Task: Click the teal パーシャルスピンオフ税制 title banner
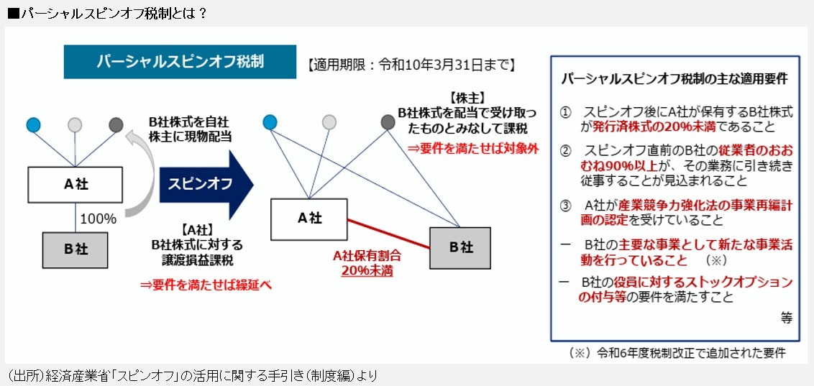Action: click(x=180, y=62)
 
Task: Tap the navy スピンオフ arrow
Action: click(x=206, y=184)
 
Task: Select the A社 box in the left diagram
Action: click(x=76, y=185)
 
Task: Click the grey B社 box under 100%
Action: click(x=76, y=249)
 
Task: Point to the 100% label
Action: click(x=98, y=219)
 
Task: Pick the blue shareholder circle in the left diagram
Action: click(x=33, y=124)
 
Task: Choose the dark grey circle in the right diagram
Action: click(x=388, y=122)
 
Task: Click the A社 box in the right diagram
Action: click(x=309, y=219)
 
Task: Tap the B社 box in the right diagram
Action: click(x=460, y=248)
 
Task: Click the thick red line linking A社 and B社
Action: click(x=388, y=234)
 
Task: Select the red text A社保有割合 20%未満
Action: click(x=367, y=263)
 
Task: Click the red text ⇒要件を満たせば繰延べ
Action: click(x=206, y=285)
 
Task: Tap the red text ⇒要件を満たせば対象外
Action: click(x=473, y=148)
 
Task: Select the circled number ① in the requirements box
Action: click(x=565, y=112)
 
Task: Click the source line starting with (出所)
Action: click(x=192, y=375)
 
